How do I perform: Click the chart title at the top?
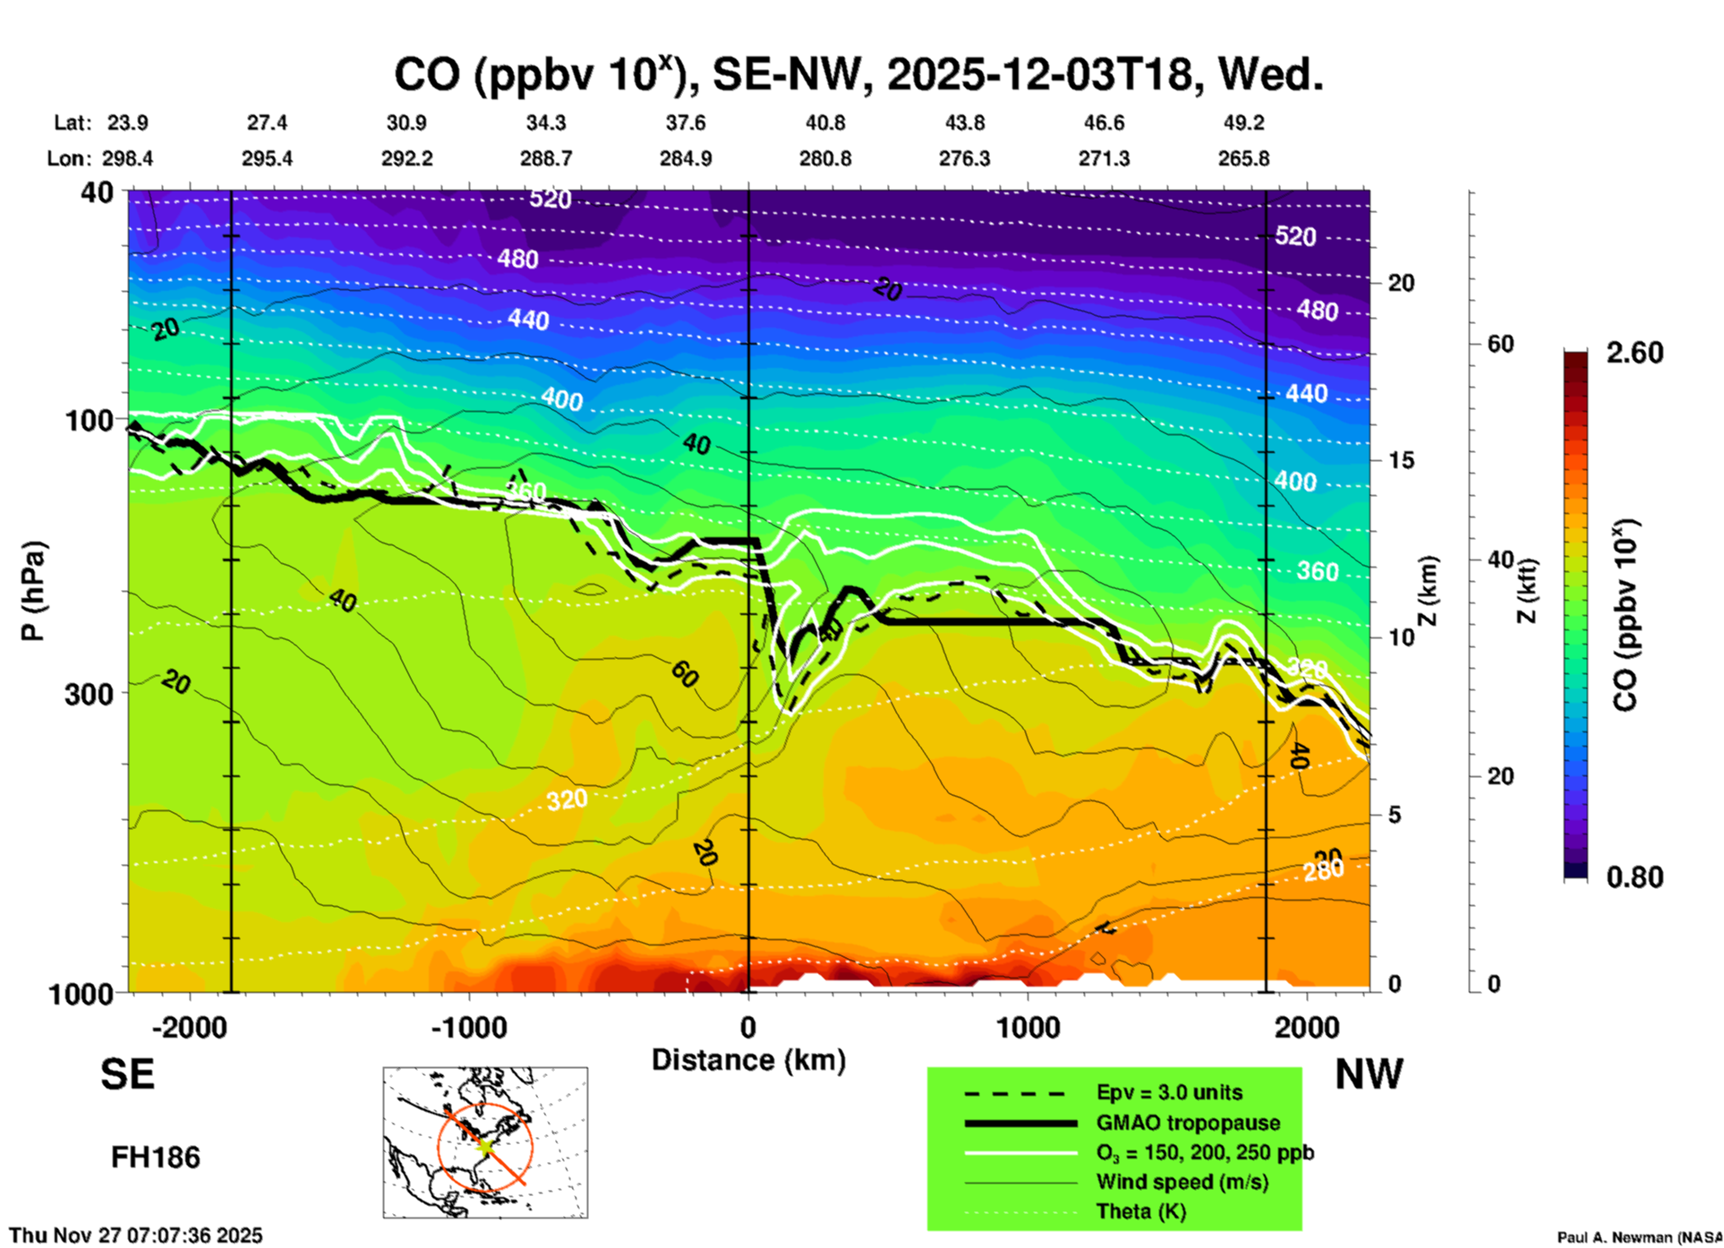pyautogui.click(x=858, y=75)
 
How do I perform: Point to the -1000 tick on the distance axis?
pyautogui.click(x=469, y=1028)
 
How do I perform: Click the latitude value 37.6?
pyautogui.click(x=686, y=123)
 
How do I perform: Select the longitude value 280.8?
pyautogui.click(x=825, y=158)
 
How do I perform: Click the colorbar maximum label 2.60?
pyautogui.click(x=1634, y=353)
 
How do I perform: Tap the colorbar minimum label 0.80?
pyautogui.click(x=1634, y=877)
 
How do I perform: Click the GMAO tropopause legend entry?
pyautogui.click(x=1188, y=1123)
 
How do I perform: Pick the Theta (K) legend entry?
pyautogui.click(x=1140, y=1211)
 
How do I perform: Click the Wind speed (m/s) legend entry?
pyautogui.click(x=1182, y=1182)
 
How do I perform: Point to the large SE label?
pyautogui.click(x=127, y=1074)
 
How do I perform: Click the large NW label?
pyautogui.click(x=1369, y=1074)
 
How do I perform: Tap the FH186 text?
pyautogui.click(x=156, y=1158)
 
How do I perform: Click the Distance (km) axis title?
pyautogui.click(x=748, y=1060)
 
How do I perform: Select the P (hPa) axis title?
pyautogui.click(x=32, y=591)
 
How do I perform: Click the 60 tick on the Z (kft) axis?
pyautogui.click(x=1500, y=344)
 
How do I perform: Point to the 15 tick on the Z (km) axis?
pyautogui.click(x=1401, y=460)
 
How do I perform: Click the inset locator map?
pyautogui.click(x=485, y=1141)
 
